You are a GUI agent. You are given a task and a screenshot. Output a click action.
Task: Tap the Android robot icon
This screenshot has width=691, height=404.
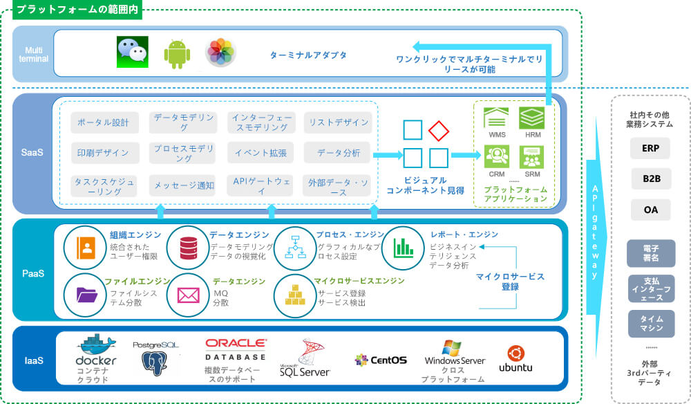coord(176,53)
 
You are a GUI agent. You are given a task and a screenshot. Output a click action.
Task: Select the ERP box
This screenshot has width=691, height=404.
coord(650,148)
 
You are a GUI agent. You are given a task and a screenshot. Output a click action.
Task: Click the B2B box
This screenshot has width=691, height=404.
coord(650,178)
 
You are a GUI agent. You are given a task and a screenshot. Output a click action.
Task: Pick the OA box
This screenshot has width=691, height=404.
coord(650,209)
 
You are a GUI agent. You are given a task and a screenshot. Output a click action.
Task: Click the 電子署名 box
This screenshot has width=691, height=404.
coord(650,252)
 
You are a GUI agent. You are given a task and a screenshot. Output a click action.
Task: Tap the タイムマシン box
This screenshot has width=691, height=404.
coord(650,323)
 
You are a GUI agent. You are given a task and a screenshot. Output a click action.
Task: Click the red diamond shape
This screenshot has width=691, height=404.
coord(439,129)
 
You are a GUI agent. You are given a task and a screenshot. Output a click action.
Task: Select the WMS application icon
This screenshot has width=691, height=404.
coord(496,119)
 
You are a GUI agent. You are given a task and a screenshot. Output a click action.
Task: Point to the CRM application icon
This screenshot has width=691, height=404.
coord(496,156)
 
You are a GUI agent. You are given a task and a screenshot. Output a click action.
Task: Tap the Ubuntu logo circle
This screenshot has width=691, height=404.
coord(515,352)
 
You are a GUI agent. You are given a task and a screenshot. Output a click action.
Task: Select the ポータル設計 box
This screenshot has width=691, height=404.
coord(104,122)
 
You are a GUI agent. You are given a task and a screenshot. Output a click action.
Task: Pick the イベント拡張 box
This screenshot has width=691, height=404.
coord(261,153)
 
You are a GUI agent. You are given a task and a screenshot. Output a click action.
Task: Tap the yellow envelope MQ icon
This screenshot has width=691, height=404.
coord(188,295)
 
